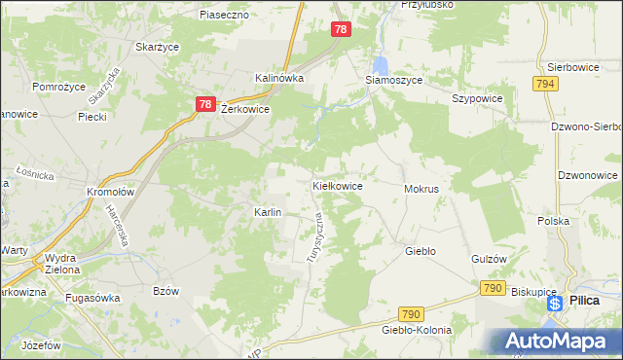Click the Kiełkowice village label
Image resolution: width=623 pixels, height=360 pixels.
(x=338, y=185)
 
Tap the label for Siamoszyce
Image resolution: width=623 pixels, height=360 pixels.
(x=393, y=81)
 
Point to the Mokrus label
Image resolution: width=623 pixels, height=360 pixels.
(x=421, y=189)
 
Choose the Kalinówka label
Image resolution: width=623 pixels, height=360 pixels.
(x=280, y=78)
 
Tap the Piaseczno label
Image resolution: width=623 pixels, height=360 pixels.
(x=225, y=16)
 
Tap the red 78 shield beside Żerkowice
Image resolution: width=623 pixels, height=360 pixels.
(x=204, y=103)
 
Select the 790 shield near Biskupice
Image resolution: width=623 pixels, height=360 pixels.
(x=493, y=288)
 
